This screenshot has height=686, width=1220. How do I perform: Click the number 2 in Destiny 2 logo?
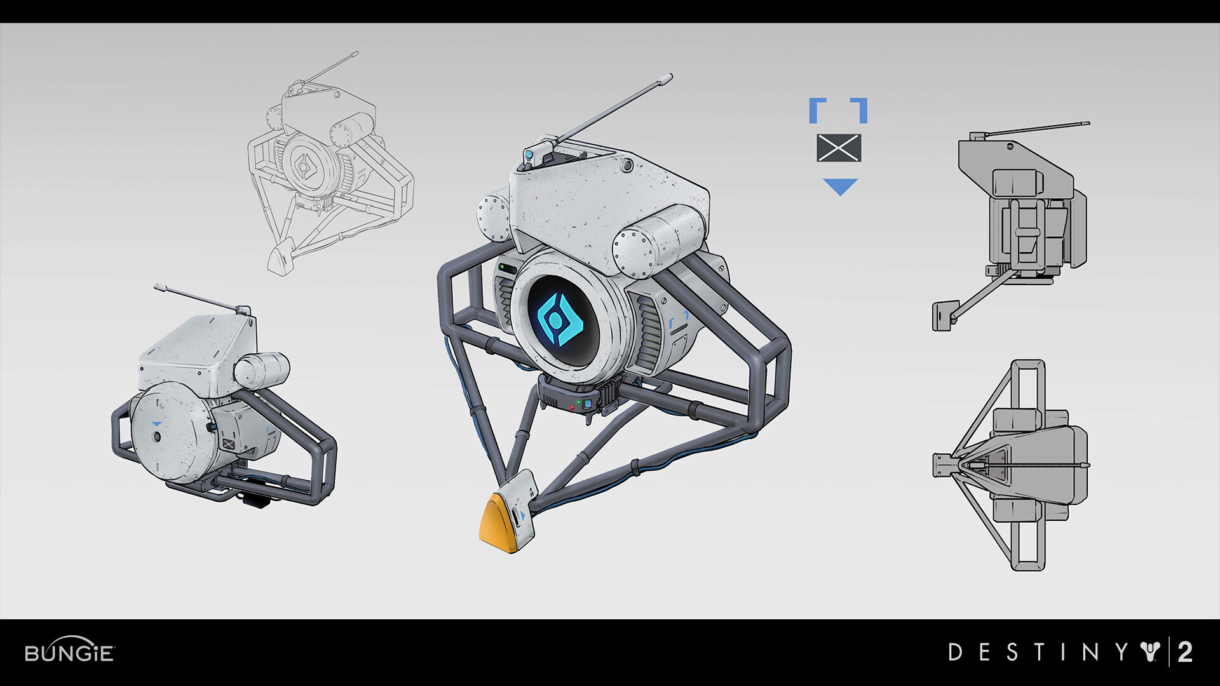click(x=1185, y=652)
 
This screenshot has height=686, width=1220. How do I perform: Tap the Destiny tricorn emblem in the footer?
click(x=1150, y=652)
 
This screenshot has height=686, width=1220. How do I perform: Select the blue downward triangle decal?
click(x=840, y=186)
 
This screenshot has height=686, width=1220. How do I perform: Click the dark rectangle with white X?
click(x=839, y=148)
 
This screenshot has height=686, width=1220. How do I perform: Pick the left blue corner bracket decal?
click(x=816, y=109)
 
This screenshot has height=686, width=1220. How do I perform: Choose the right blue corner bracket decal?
click(x=860, y=109)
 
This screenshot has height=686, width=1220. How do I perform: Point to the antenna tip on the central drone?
click(x=667, y=78)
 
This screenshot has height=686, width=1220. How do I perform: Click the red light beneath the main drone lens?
click(x=571, y=406)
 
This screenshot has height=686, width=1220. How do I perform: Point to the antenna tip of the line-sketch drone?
click(x=355, y=54)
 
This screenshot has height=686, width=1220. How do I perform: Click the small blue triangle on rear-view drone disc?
click(x=156, y=424)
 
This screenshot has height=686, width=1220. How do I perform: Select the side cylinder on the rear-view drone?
click(x=262, y=370)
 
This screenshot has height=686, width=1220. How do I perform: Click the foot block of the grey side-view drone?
click(x=944, y=316)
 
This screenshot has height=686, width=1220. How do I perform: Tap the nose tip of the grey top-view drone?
click(x=938, y=465)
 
